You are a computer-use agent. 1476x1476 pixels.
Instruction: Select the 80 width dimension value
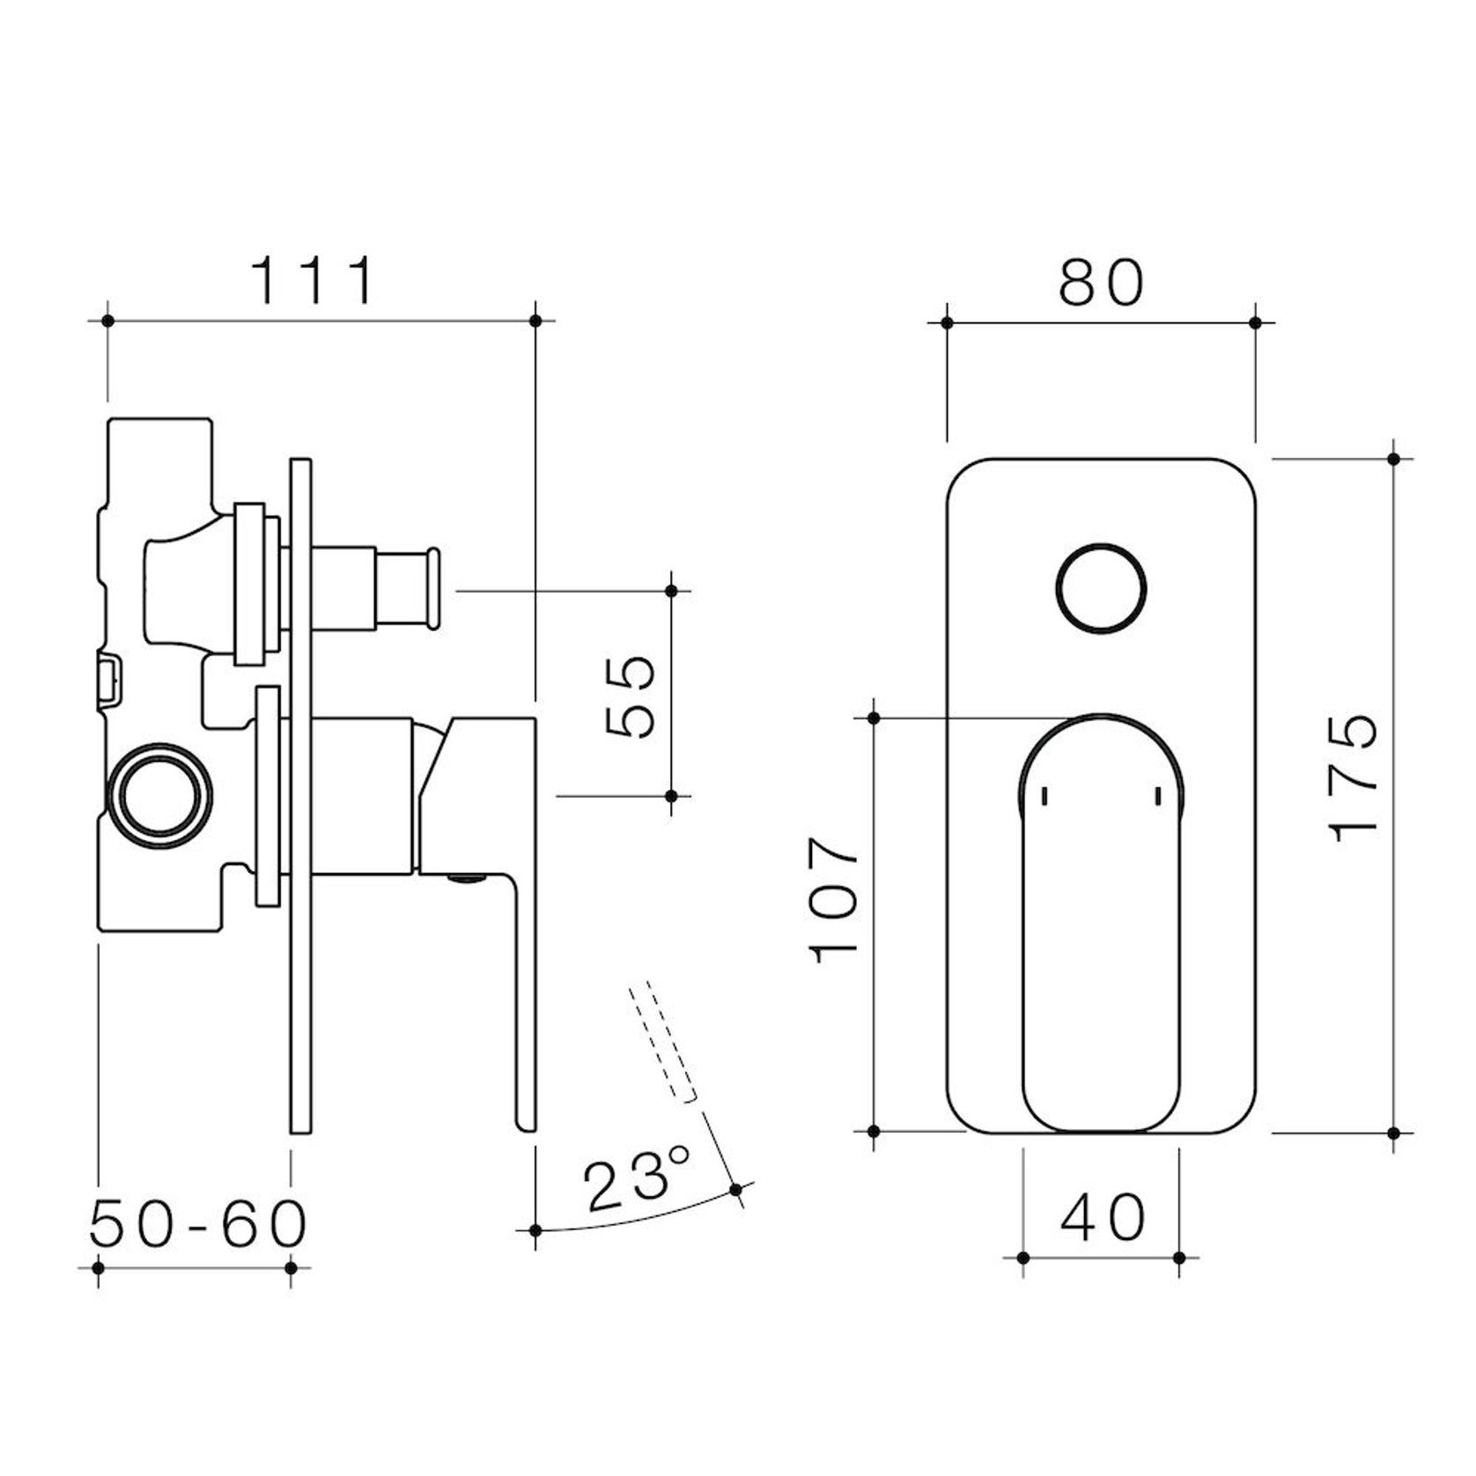tap(1101, 283)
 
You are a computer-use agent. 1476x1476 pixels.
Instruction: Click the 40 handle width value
tap(1103, 1218)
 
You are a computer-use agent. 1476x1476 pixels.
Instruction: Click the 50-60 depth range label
tap(199, 1224)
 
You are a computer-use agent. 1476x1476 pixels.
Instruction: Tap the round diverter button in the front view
tap(1101, 588)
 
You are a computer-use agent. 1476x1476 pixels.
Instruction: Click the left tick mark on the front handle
tap(1044, 796)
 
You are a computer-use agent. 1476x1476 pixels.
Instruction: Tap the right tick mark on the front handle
tap(1158, 796)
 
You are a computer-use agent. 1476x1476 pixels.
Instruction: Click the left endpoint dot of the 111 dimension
tap(108, 321)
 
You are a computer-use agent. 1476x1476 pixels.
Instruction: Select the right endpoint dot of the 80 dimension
tap(1256, 323)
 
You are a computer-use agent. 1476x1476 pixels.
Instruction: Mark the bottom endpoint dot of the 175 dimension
tap(1393, 1133)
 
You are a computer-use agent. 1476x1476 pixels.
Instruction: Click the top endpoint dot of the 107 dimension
tap(874, 719)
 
